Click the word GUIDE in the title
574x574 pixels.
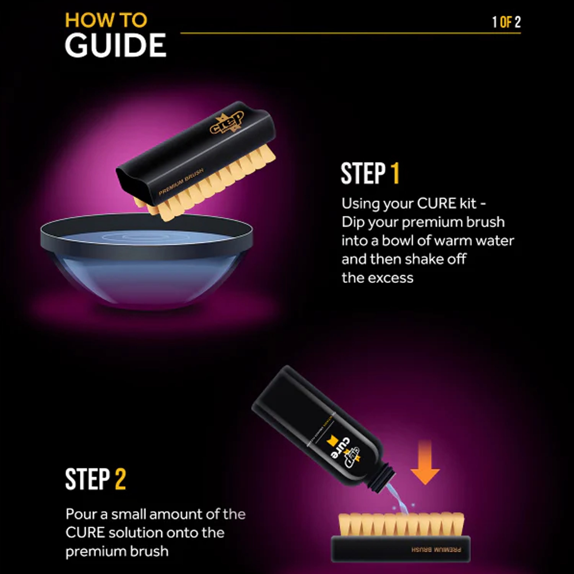[x=115, y=45]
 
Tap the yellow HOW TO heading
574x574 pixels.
[x=106, y=20]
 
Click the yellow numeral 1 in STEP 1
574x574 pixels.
[x=395, y=174]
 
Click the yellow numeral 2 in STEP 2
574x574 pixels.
[x=120, y=479]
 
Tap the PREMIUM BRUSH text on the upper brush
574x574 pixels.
[x=181, y=182]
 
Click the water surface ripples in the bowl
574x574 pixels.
[x=143, y=237]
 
